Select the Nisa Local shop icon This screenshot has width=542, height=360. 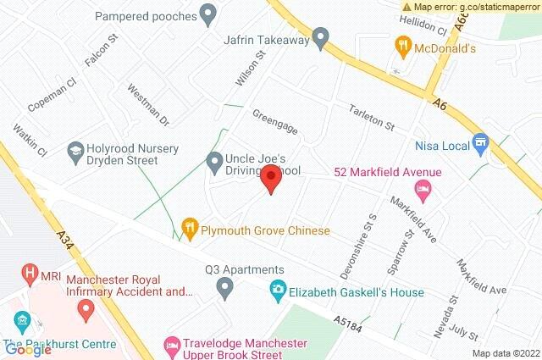[x=480, y=142]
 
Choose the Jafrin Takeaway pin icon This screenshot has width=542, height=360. [x=320, y=36]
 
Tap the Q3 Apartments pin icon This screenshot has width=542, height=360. [x=224, y=289]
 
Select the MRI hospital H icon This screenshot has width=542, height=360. [x=31, y=274]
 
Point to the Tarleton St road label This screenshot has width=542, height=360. [x=373, y=118]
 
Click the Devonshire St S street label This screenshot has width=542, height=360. [x=370, y=230]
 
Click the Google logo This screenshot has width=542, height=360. [x=28, y=348]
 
